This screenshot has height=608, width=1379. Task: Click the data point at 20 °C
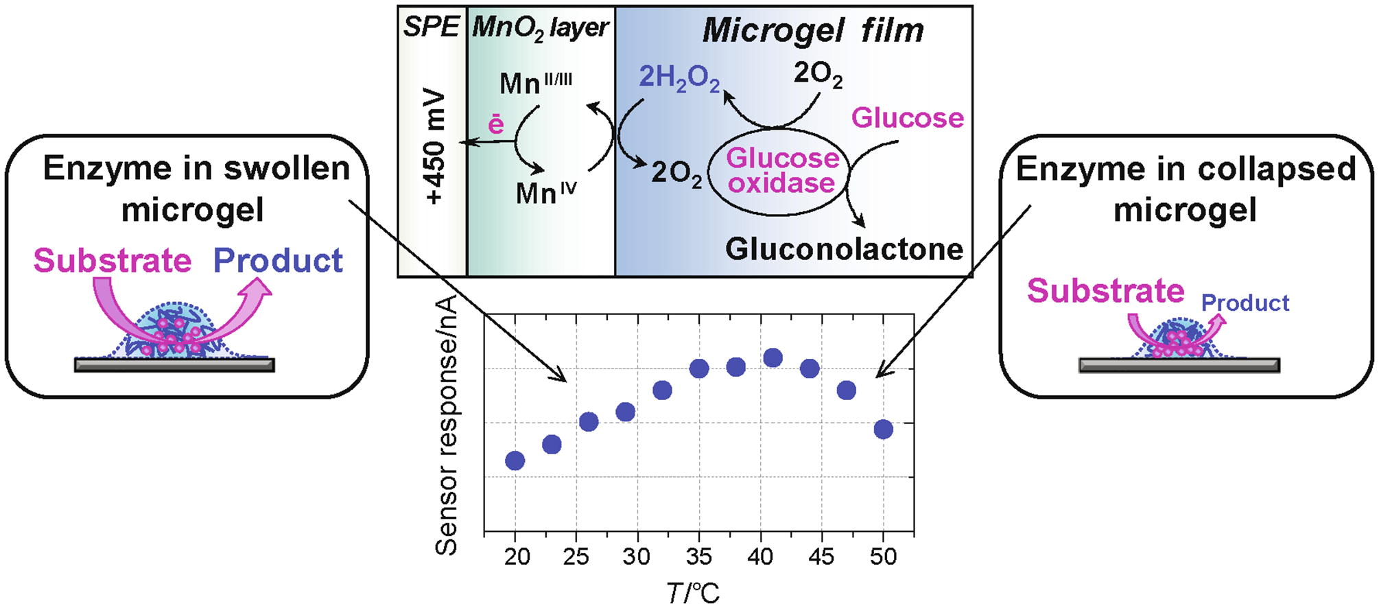(515, 460)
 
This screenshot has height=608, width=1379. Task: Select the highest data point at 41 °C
(773, 358)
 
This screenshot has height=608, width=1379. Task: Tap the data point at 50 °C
(884, 430)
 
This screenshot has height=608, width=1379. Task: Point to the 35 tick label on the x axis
(698, 557)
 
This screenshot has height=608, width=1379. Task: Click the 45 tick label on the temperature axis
(821, 557)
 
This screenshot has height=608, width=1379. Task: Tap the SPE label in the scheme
(431, 27)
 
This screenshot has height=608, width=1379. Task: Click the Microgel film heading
(813, 31)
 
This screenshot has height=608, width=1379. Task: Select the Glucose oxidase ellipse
(781, 172)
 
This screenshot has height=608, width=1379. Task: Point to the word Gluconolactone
(844, 249)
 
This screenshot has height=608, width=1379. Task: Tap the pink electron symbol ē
(495, 124)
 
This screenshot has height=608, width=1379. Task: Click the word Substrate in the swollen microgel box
(113, 261)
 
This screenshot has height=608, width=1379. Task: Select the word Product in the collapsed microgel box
(1245, 303)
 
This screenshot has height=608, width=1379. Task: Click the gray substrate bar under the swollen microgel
(174, 365)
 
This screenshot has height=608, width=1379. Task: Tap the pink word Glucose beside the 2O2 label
(907, 118)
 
